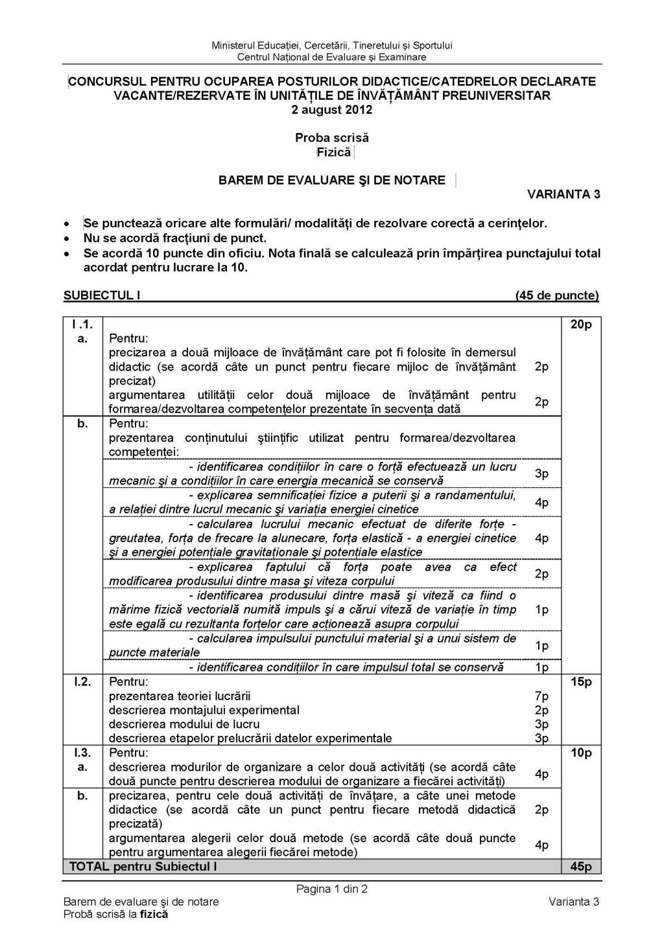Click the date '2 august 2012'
point(331,109)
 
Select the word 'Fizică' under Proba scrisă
point(333,152)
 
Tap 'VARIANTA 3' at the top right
point(563,194)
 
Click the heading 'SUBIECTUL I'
point(102,295)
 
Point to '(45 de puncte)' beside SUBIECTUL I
point(556,295)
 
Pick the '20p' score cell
point(580,325)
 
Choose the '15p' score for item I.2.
point(580,681)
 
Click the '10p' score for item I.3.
point(580,753)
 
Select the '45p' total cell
point(580,867)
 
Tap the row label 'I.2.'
point(82,681)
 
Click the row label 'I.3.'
point(82,753)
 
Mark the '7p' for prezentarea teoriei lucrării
point(541,696)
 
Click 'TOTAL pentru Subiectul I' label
point(143,867)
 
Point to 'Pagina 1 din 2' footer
point(331,889)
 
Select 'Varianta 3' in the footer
point(573,902)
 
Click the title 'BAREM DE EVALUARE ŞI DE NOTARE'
point(331,180)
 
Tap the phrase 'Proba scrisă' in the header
point(331,137)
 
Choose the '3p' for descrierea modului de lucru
point(541,724)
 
